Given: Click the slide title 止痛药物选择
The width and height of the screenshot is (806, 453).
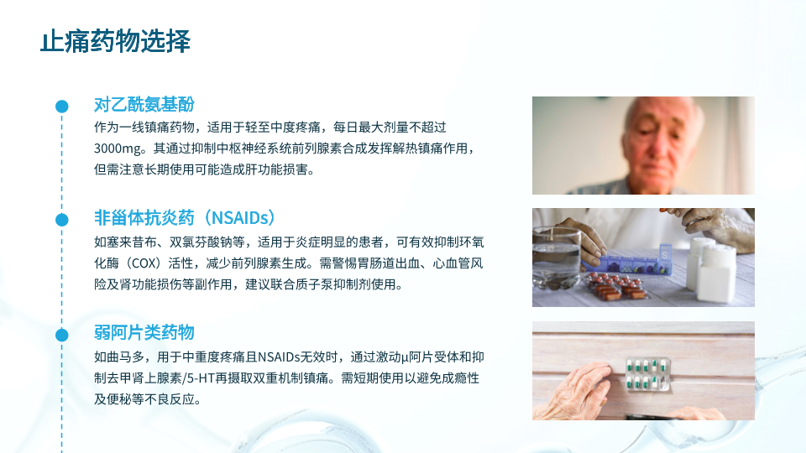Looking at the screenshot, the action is (115, 41).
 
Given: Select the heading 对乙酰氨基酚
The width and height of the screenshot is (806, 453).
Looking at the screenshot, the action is (144, 104).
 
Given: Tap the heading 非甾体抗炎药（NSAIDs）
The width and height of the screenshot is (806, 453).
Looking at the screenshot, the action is (185, 218).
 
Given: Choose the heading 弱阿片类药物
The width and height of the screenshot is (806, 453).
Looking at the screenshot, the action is (144, 332).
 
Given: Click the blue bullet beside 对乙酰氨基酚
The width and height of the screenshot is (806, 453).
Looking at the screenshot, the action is (61, 107).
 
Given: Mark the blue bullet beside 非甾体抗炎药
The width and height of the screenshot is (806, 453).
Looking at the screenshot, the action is (61, 220).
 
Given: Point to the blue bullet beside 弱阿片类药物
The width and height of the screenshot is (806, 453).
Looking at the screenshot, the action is (61, 335).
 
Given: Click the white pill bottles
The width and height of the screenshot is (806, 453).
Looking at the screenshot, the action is (712, 268).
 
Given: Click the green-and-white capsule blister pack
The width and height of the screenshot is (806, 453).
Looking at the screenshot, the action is (647, 374).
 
